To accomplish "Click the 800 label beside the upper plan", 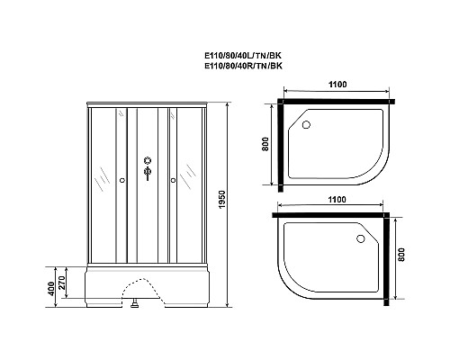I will tap(266, 144).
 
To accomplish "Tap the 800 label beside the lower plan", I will tap(401, 261).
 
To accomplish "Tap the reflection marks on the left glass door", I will tap(104, 175).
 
